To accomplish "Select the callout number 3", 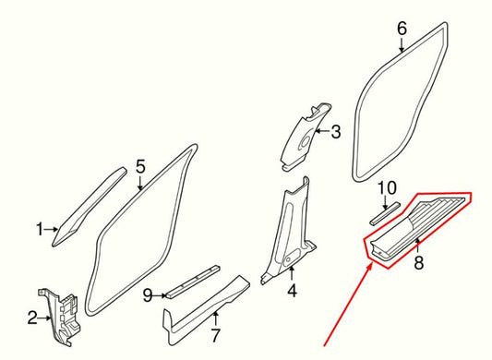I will coord(335,132).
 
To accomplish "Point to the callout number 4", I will coord(292,293).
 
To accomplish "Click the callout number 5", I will coord(140,166).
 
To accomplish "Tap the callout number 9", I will coord(147,295).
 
